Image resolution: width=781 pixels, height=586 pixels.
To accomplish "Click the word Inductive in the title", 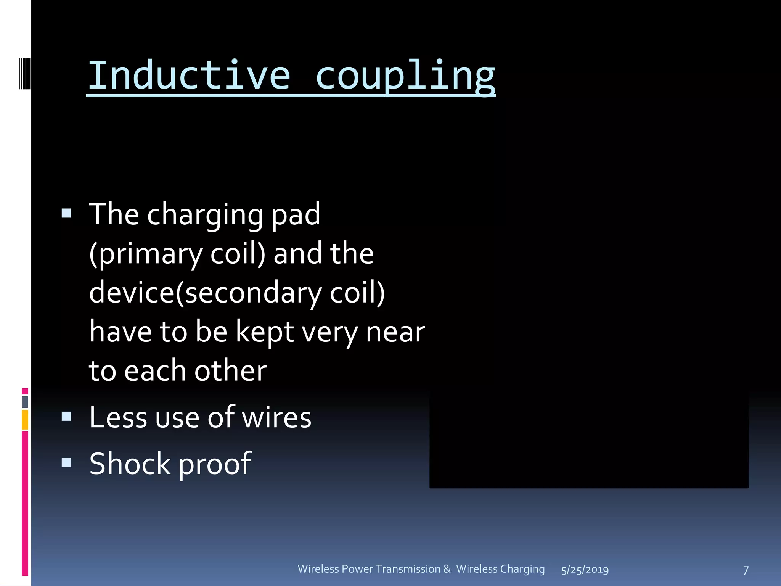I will click(189, 75).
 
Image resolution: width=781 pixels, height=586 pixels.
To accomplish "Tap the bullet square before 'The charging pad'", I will click(66, 213).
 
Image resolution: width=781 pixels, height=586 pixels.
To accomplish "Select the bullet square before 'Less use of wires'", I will click(66, 416).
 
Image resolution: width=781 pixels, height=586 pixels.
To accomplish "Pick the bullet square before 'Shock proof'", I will click(66, 463).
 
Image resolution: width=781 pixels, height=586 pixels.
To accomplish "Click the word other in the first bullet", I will click(230, 371).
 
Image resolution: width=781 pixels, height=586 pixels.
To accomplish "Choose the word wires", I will click(276, 417).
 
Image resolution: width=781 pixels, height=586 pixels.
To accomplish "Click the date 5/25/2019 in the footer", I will click(585, 570).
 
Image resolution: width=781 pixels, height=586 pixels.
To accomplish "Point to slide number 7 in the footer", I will click(746, 570).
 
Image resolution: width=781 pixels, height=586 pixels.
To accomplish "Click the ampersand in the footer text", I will click(447, 569).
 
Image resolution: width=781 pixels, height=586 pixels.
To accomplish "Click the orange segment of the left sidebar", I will click(25, 420).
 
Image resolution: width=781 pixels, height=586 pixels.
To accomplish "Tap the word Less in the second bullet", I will click(117, 417).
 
